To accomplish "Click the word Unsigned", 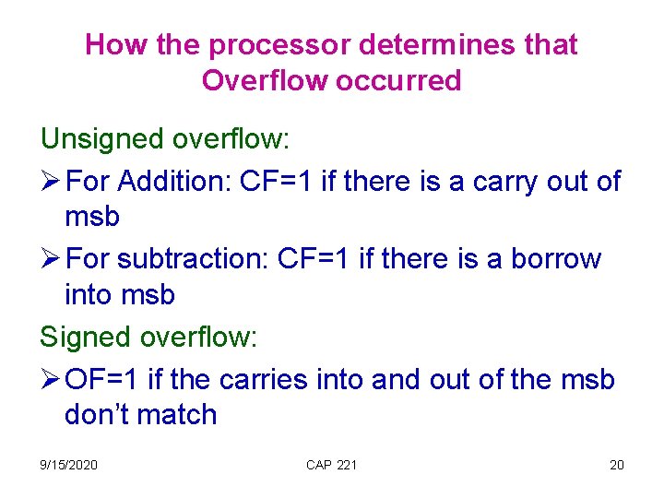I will tap(102, 140).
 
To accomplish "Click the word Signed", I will tap(84, 338).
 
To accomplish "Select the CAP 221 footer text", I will tap(331, 465).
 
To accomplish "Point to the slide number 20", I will tap(616, 465).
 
